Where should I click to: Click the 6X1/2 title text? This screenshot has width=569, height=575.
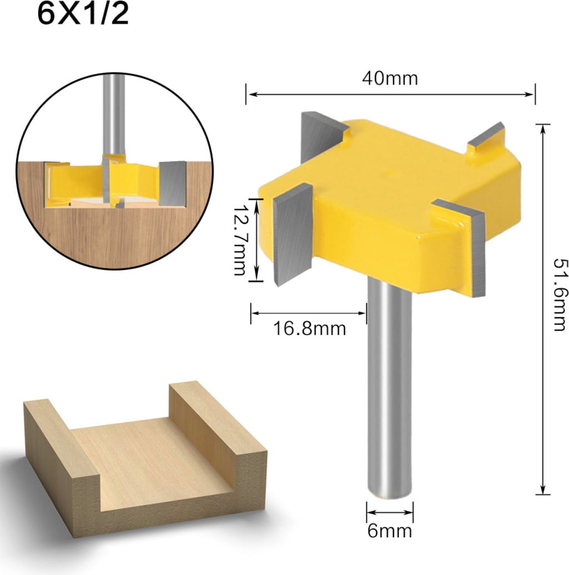click(83, 14)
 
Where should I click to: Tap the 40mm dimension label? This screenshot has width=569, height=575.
click(390, 78)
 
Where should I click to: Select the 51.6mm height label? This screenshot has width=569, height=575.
click(560, 295)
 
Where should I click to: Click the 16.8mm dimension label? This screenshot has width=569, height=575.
click(310, 328)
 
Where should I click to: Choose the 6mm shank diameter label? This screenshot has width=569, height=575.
click(390, 531)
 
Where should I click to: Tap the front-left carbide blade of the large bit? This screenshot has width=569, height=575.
click(292, 234)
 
